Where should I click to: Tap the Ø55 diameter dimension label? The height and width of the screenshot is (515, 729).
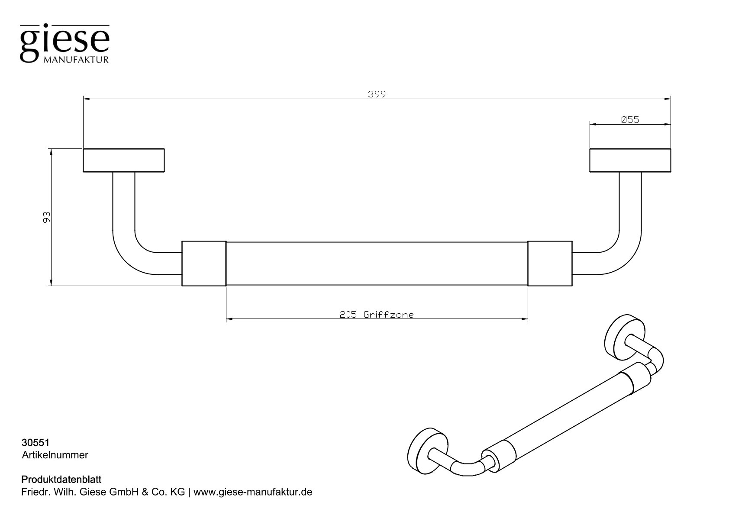(629, 120)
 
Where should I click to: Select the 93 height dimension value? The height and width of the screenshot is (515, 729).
(47, 217)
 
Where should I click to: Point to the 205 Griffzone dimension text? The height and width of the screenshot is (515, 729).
(377, 315)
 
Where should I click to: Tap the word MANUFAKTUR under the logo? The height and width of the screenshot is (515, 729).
(76, 60)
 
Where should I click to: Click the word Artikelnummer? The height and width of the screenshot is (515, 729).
(55, 455)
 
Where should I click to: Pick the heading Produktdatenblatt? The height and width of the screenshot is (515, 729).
(61, 480)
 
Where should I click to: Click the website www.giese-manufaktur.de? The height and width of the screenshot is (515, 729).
(253, 492)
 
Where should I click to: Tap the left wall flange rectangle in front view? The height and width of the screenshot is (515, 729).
(124, 161)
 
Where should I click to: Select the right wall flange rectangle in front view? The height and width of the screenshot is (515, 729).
(630, 161)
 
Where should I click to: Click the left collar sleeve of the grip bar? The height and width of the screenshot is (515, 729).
(203, 264)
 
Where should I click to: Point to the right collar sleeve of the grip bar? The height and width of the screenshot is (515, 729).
(550, 264)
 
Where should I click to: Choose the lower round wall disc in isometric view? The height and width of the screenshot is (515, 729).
(427, 457)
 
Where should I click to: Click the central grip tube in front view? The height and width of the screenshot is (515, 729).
(377, 264)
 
